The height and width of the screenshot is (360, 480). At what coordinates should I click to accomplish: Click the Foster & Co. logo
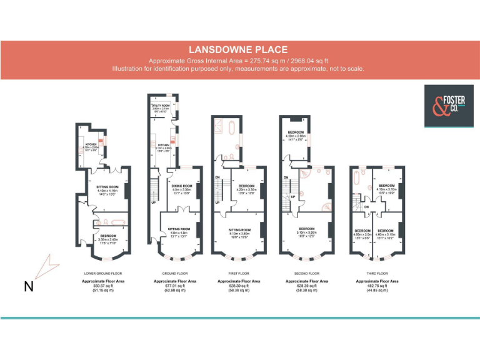click(x=444, y=106)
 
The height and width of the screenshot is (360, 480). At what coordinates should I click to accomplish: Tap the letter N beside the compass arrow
click(x=29, y=287)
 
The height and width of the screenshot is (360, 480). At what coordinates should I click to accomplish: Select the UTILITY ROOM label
click(x=161, y=106)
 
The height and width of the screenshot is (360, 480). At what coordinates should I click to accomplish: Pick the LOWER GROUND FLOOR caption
click(x=103, y=274)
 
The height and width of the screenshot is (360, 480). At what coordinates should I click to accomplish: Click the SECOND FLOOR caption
click(x=307, y=274)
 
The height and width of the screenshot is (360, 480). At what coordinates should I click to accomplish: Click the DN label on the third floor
click(x=366, y=207)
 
